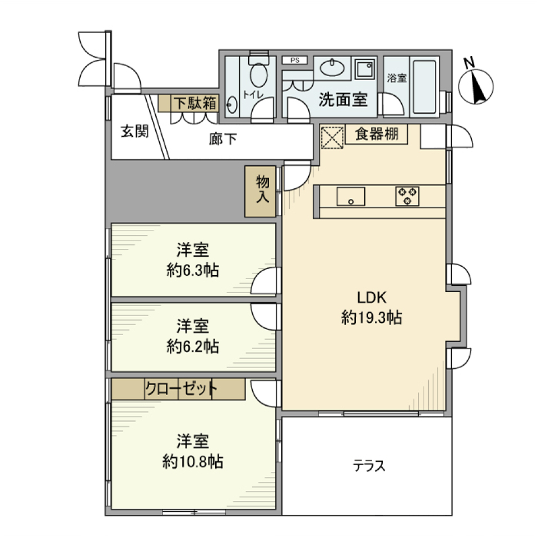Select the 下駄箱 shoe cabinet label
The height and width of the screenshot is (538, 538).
tap(193, 103)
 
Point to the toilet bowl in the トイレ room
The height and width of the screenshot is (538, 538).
tap(258, 75)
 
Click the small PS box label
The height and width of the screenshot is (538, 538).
tap(294, 60)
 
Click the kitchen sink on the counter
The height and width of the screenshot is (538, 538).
tap(350, 197)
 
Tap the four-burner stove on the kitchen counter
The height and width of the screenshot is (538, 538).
tap(407, 196)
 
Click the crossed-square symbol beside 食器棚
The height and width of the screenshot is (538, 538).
tap(331, 136)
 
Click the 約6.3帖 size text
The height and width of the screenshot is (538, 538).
tap(193, 271)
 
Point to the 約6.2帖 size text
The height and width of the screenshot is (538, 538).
tap(193, 346)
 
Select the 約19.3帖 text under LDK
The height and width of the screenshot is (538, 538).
tap(370, 318)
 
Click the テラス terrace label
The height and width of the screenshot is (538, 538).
tap(369, 466)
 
